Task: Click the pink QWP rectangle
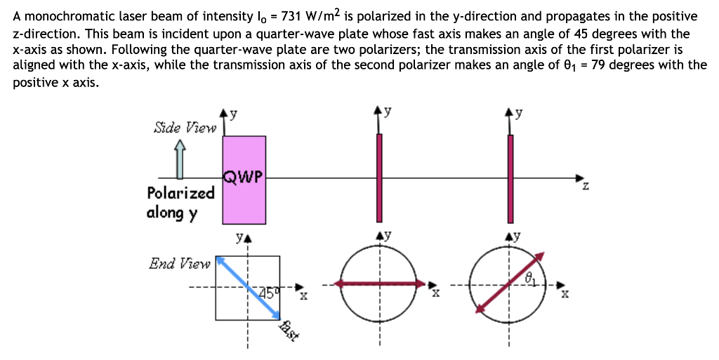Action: [244, 204]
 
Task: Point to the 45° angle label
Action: [268, 292]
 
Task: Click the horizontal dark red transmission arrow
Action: [379, 284]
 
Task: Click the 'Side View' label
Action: [185, 128]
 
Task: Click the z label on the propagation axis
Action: [585, 188]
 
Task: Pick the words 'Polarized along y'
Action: [180, 202]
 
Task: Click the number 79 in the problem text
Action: [599, 65]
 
